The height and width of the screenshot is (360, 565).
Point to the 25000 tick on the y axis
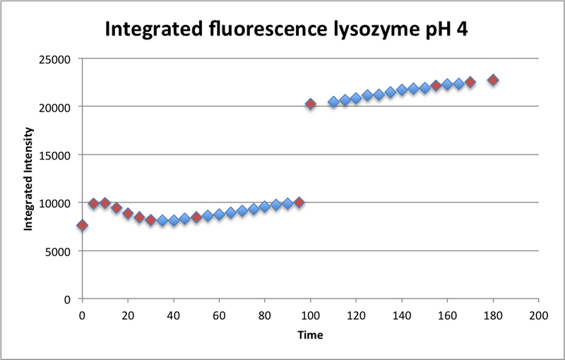59,59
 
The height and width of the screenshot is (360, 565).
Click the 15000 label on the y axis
59,155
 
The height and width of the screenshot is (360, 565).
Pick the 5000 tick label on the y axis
62,251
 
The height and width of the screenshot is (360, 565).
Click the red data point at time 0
82,225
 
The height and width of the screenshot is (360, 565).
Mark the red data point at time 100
310,104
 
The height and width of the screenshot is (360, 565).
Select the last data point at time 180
493,80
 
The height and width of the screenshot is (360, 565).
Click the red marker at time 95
299,203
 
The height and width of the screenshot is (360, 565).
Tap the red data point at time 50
196,217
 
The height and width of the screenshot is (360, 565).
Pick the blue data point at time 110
333,102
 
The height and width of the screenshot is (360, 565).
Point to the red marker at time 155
436,85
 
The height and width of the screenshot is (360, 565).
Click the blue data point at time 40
174,220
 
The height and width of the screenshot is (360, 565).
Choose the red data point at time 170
470,82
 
